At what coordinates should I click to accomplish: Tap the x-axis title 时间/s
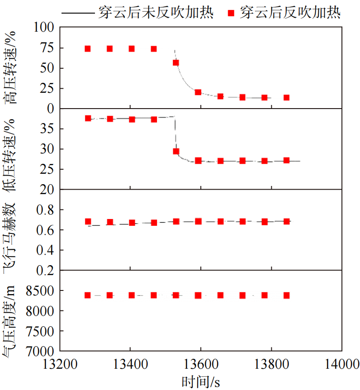(201, 382)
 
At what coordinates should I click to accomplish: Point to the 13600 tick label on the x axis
(200, 364)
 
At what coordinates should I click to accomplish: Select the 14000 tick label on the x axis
(341, 364)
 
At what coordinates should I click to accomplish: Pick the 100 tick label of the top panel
(44, 28)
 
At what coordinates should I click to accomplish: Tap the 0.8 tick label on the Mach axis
(46, 210)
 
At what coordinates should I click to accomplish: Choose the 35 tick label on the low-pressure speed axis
(49, 129)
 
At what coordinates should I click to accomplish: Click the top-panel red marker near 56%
(176, 62)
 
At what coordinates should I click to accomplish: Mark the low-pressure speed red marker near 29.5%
(176, 152)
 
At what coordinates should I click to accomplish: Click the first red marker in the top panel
(88, 48)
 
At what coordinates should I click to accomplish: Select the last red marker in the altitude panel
(286, 295)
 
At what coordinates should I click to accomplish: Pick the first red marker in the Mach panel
(88, 222)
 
